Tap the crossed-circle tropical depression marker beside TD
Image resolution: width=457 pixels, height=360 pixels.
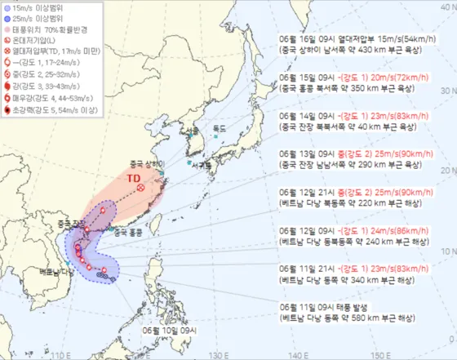(141, 188)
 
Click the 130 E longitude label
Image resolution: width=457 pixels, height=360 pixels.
(215, 355)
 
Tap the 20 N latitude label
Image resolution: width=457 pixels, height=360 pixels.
(446, 171)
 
